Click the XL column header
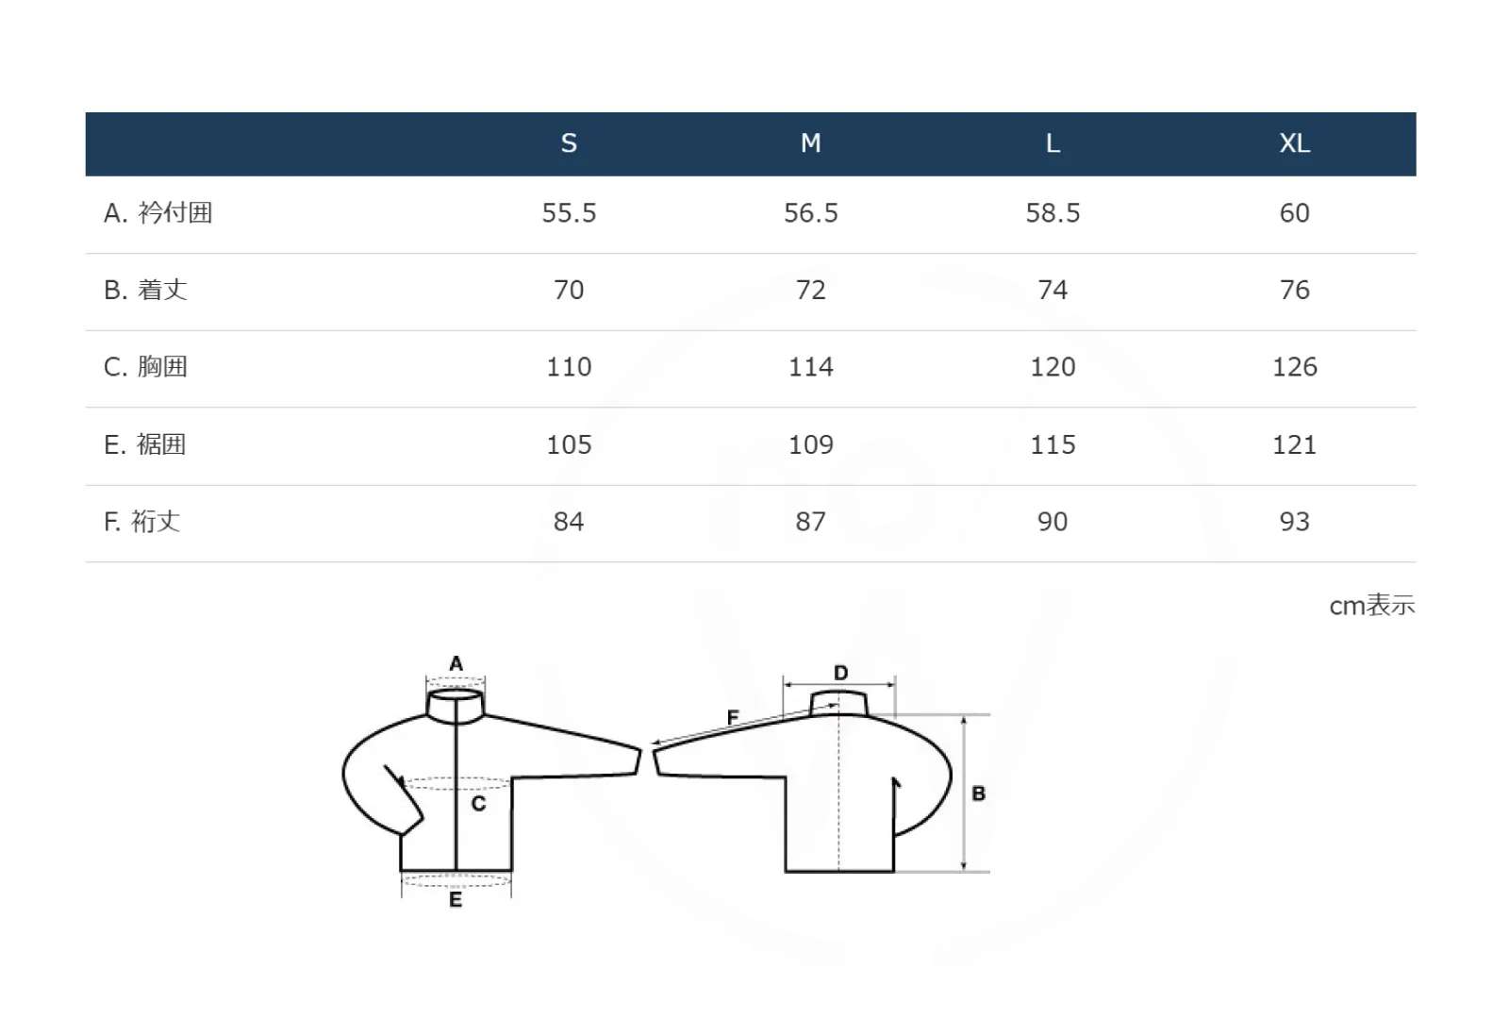point(1294,142)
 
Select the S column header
point(569,142)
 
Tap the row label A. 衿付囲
point(158,213)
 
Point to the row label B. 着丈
point(145,290)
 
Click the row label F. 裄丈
point(142,522)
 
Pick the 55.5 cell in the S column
point(569,213)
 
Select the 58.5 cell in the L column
point(1053,213)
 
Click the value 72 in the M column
point(810,290)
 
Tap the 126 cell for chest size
point(1294,367)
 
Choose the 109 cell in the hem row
point(810,444)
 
